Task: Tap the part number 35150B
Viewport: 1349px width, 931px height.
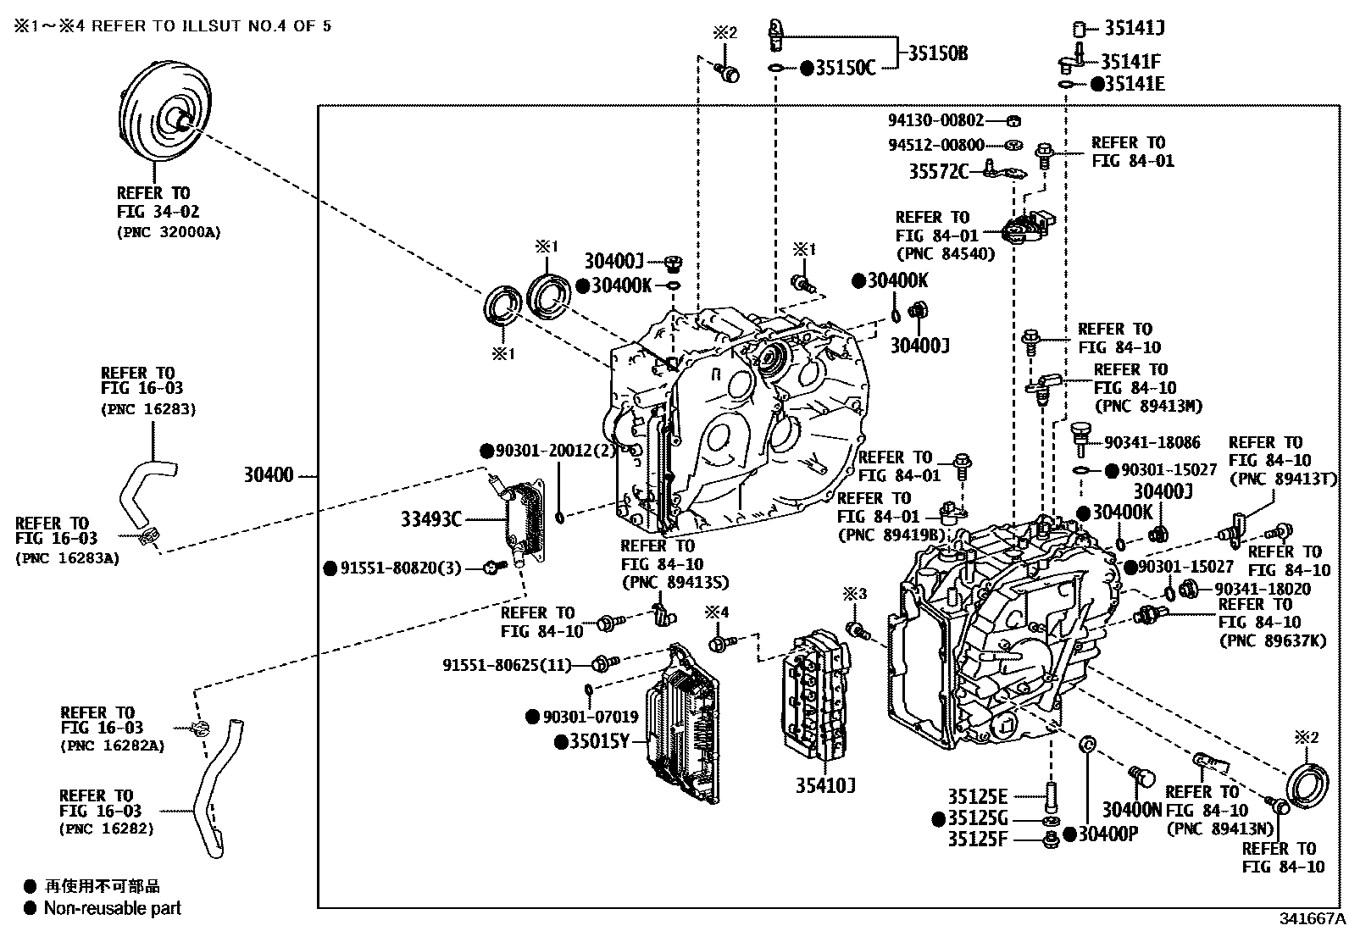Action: pyautogui.click(x=938, y=53)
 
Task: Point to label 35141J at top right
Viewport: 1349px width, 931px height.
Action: pyautogui.click(x=1134, y=28)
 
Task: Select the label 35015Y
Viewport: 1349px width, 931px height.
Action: pyautogui.click(x=599, y=742)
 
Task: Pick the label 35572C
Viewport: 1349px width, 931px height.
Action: pyautogui.click(x=938, y=172)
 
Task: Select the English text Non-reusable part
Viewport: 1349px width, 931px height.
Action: pyautogui.click(x=113, y=908)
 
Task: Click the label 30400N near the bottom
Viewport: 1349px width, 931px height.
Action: pyautogui.click(x=1131, y=810)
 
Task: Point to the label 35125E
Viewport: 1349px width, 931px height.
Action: pyautogui.click(x=977, y=796)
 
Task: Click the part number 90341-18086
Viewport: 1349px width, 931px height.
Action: pyautogui.click(x=1152, y=442)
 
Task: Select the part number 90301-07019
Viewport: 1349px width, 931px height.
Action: pyautogui.click(x=591, y=717)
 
